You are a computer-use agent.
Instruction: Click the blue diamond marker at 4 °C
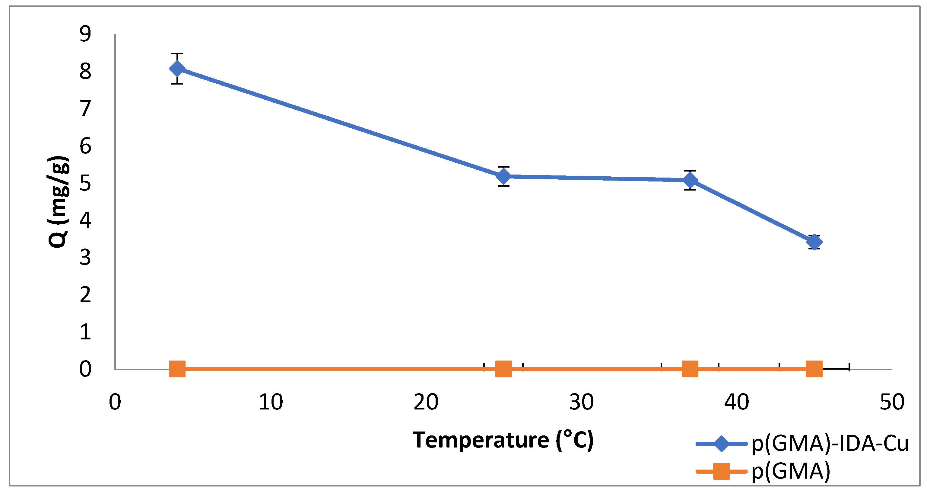coord(177,69)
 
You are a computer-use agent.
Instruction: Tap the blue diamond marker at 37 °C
coord(690,180)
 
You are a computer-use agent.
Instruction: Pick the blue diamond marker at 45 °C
coord(814,242)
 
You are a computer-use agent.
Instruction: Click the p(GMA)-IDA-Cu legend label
coord(830,444)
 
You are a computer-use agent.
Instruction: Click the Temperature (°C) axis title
coord(503,440)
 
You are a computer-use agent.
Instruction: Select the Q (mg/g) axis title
coord(58,202)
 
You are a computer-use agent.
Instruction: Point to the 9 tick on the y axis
coord(85,34)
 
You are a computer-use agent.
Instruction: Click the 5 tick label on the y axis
coord(85,183)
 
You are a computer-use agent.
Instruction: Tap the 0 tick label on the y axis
coord(85,369)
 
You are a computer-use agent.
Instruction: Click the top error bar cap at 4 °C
coord(177,54)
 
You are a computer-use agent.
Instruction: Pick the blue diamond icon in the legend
coord(721,444)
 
